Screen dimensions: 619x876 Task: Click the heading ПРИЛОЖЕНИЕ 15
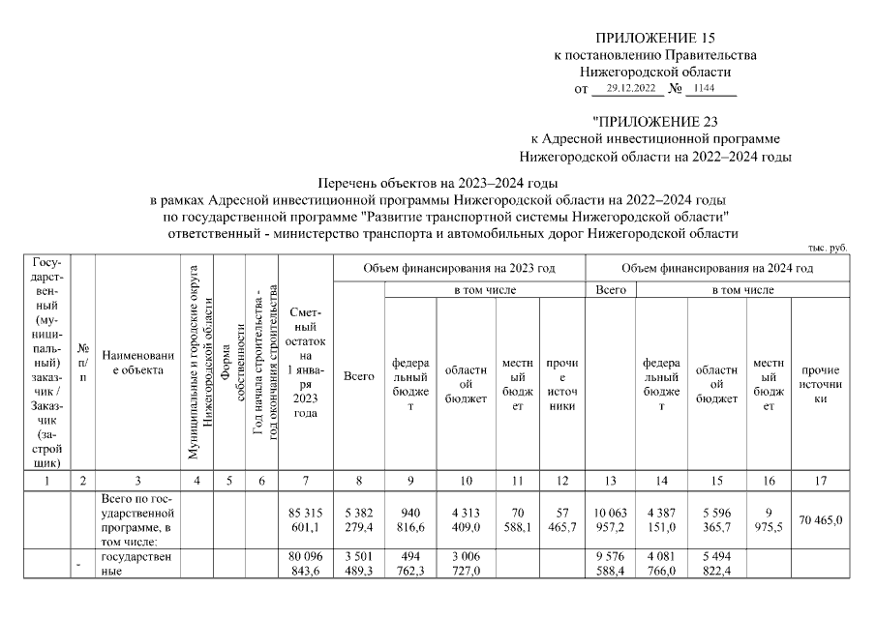coord(654,38)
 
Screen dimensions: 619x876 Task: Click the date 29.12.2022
coord(627,88)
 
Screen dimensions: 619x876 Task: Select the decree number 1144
coord(706,88)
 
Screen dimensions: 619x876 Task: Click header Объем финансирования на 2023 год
coord(460,267)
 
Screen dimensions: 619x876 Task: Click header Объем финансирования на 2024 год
coord(716,267)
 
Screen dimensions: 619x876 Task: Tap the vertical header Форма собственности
coord(228,363)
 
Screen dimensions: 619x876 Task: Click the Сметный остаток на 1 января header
coord(306,363)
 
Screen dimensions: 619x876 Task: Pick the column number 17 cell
coord(820,480)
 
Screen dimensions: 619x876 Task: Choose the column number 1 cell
coord(49,480)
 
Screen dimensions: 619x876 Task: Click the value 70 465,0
coord(820,520)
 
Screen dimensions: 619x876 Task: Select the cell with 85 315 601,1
coord(306,520)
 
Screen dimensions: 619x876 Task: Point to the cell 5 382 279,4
coord(359,520)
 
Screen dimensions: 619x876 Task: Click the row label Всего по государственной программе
coord(136,519)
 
